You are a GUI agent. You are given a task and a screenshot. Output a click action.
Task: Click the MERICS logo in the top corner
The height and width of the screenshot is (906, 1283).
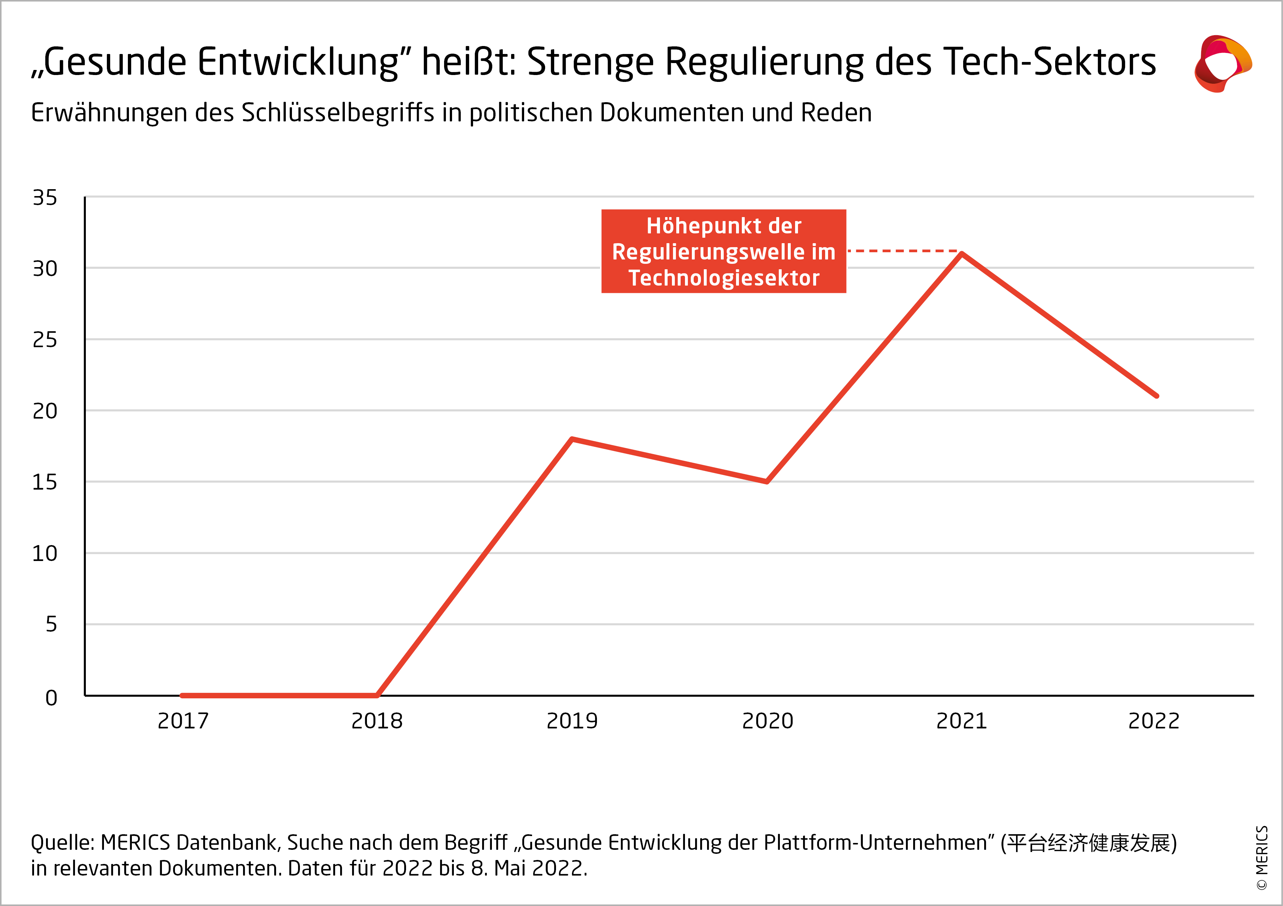(1223, 63)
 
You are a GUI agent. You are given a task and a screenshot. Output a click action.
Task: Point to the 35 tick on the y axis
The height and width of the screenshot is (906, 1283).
(45, 197)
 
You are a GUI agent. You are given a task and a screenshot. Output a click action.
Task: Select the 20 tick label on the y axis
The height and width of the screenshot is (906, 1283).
(45, 411)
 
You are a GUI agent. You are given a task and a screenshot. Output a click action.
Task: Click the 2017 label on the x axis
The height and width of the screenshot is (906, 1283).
(183, 721)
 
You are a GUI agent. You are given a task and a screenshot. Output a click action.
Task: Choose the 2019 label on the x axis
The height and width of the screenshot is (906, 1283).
(572, 721)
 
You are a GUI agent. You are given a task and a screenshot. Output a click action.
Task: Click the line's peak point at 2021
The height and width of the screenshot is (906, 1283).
(961, 254)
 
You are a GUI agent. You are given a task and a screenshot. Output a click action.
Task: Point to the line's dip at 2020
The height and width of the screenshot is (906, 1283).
(767, 481)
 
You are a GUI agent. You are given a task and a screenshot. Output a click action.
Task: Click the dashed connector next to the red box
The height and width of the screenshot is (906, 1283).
(902, 251)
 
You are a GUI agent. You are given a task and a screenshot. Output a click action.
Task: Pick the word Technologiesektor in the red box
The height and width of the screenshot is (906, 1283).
(724, 278)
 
